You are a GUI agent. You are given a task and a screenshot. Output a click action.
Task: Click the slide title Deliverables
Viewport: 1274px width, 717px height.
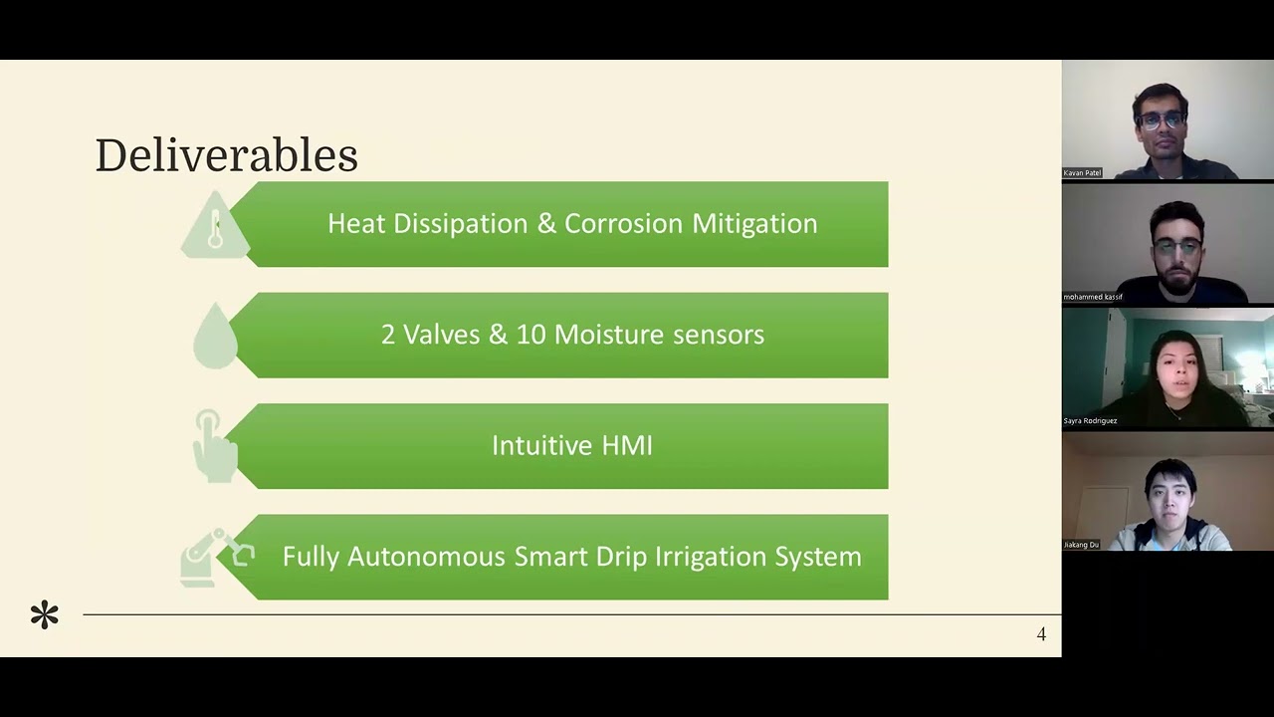click(x=226, y=156)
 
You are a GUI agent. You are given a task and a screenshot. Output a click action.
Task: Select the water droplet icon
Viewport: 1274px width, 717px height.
click(x=215, y=338)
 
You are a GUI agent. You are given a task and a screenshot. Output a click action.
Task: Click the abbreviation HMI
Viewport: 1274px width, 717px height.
click(x=626, y=445)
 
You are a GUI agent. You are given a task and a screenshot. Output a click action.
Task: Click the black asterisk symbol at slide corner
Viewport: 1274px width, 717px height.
click(x=45, y=615)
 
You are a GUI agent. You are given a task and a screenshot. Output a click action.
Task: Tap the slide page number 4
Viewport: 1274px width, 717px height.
click(x=1041, y=634)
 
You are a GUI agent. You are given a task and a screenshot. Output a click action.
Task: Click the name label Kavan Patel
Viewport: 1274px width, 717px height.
click(x=1082, y=173)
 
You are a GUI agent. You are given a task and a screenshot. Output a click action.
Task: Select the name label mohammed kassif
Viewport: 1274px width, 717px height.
click(x=1093, y=297)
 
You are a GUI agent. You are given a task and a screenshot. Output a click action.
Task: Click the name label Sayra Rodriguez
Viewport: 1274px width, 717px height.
click(x=1090, y=420)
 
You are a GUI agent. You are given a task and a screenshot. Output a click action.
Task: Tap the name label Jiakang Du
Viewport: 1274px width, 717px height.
click(x=1081, y=545)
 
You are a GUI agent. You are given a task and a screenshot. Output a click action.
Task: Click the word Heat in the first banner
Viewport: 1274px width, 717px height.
click(x=356, y=223)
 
